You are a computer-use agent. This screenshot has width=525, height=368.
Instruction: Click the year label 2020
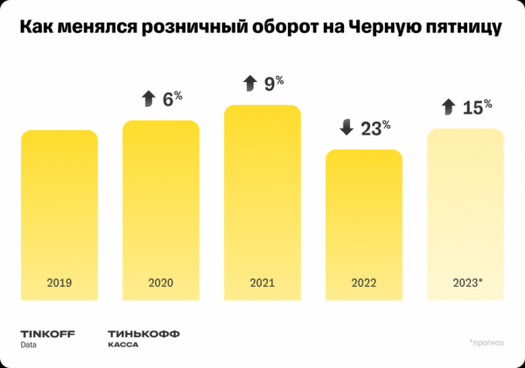[x=161, y=283]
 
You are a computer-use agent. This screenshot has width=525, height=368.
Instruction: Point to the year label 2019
[x=59, y=283]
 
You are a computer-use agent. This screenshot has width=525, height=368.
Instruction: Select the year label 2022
[x=364, y=283]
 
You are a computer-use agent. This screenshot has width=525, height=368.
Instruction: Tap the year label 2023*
[x=465, y=283]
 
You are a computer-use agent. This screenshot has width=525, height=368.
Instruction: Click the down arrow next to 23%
[x=346, y=128]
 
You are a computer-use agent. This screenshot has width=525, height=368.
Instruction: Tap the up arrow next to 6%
[x=146, y=99]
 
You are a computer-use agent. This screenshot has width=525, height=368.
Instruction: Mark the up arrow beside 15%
[x=448, y=108]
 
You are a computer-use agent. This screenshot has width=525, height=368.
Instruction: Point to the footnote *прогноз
[x=486, y=342]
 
